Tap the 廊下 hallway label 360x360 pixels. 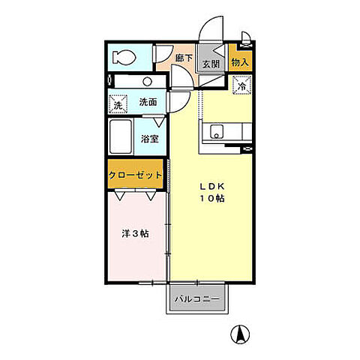tap(184, 57)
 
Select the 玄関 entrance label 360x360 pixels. tap(211, 65)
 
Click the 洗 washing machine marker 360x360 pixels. tap(116, 105)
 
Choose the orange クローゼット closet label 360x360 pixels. tap(136, 175)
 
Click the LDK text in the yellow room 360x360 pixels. tap(211, 186)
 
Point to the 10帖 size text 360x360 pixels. tap(211, 199)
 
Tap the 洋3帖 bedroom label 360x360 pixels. tap(135, 234)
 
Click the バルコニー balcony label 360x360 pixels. tap(197, 299)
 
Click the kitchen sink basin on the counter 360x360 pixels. tap(217, 133)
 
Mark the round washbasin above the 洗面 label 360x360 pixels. tap(148, 81)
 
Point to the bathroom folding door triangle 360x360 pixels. tap(159, 121)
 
